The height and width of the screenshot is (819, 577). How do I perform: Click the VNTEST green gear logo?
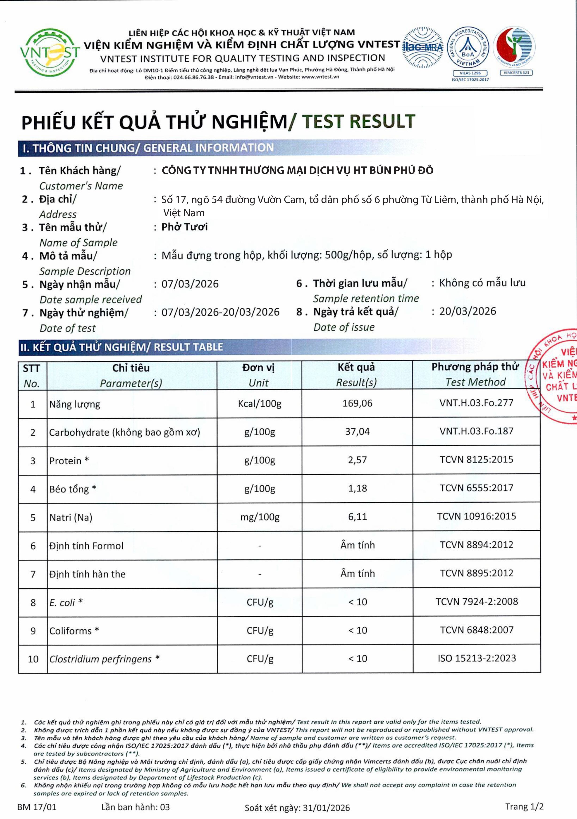[x=50, y=52]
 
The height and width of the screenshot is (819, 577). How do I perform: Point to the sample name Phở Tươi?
[x=184, y=227]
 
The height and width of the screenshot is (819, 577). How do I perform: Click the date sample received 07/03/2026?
[x=190, y=284]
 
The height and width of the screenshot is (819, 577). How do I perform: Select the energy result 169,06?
[x=357, y=403]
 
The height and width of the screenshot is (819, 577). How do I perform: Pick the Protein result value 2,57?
[x=357, y=460]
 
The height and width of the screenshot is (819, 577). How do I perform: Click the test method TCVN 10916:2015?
[x=476, y=516]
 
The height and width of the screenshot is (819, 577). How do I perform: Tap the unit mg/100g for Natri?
[x=260, y=517]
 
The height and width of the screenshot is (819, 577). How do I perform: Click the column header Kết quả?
[x=357, y=367]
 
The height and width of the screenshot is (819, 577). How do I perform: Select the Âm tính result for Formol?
[x=357, y=545]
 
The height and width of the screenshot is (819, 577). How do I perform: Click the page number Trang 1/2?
[x=524, y=807]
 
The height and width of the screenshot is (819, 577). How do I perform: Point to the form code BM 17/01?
[x=37, y=807]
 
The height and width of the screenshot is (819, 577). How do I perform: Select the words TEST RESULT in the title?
[x=358, y=122]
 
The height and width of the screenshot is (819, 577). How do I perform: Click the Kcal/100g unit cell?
[x=260, y=404]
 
